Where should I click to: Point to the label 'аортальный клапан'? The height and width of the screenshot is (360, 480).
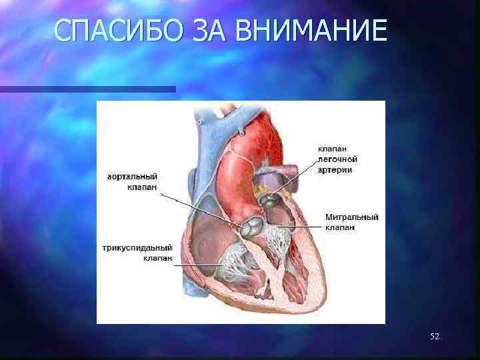[132, 182]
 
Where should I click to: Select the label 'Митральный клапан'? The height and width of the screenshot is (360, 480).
[351, 222]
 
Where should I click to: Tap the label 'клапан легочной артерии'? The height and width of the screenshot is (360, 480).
[337, 159]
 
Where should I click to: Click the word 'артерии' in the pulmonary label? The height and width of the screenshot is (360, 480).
[335, 170]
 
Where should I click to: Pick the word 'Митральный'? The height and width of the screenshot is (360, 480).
[352, 217]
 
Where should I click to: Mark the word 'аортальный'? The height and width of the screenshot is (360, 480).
[132, 177]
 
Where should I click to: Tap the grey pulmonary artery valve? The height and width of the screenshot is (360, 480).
[271, 198]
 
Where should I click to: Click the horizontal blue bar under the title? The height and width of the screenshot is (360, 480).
[87, 89]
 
